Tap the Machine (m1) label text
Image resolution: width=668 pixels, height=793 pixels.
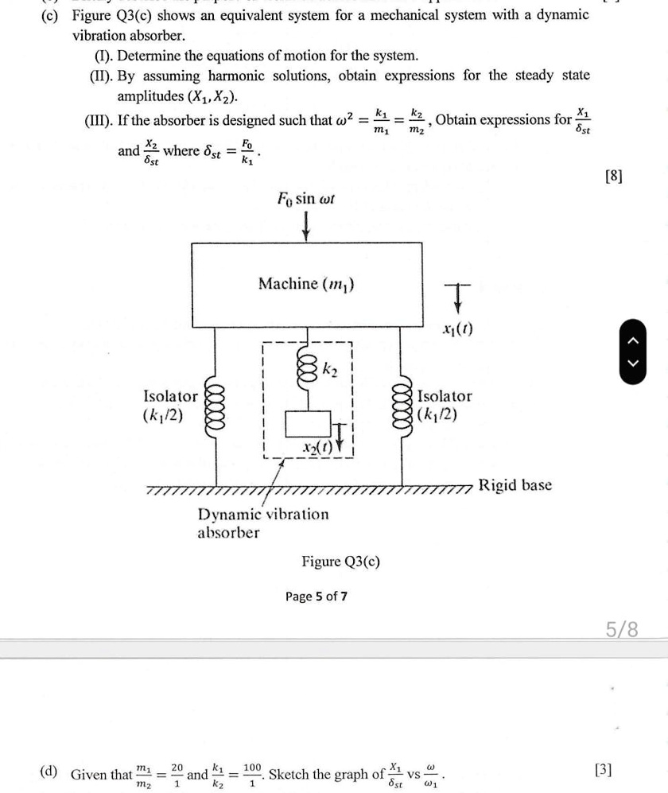(x=306, y=284)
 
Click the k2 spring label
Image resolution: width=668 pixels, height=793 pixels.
(x=330, y=368)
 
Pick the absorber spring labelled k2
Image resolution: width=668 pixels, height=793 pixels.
(x=306, y=371)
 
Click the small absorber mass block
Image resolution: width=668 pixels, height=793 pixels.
(x=306, y=423)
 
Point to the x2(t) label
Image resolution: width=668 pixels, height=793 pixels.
(x=312, y=448)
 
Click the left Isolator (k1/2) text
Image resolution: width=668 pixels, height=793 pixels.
(x=169, y=405)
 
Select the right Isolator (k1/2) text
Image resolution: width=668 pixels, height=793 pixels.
(x=445, y=405)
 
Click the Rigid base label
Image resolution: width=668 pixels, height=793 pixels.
(x=515, y=485)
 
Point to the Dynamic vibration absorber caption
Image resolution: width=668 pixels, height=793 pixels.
(x=262, y=523)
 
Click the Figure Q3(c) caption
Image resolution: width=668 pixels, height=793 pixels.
(x=340, y=562)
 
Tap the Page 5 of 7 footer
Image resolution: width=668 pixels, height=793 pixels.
(x=317, y=596)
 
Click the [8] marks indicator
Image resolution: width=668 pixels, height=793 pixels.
(x=613, y=176)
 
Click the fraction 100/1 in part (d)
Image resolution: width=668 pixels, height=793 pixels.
(x=252, y=773)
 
